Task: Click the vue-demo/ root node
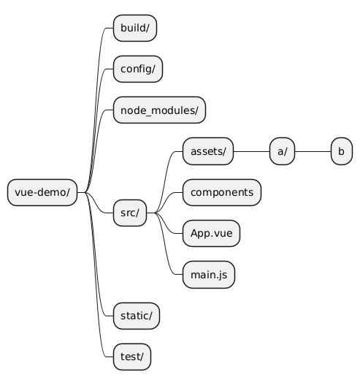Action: (42, 193)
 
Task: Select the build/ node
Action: (135, 28)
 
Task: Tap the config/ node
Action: (138, 69)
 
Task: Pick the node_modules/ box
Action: (159, 110)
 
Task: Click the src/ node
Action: (130, 213)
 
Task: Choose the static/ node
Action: (137, 316)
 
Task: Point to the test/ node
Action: (132, 357)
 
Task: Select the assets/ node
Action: (208, 151)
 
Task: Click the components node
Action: (222, 193)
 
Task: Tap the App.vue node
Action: (211, 233)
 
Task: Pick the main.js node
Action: (209, 275)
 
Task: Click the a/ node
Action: (282, 151)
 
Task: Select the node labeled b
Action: (342, 151)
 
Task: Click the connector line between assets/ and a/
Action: (251, 151)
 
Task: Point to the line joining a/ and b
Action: (313, 151)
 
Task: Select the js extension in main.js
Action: (222, 275)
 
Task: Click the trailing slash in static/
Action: (150, 316)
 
